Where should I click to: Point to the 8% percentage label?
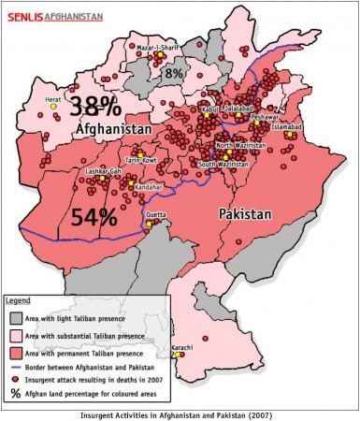pos(174,73)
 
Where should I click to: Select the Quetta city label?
pos(157,211)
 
